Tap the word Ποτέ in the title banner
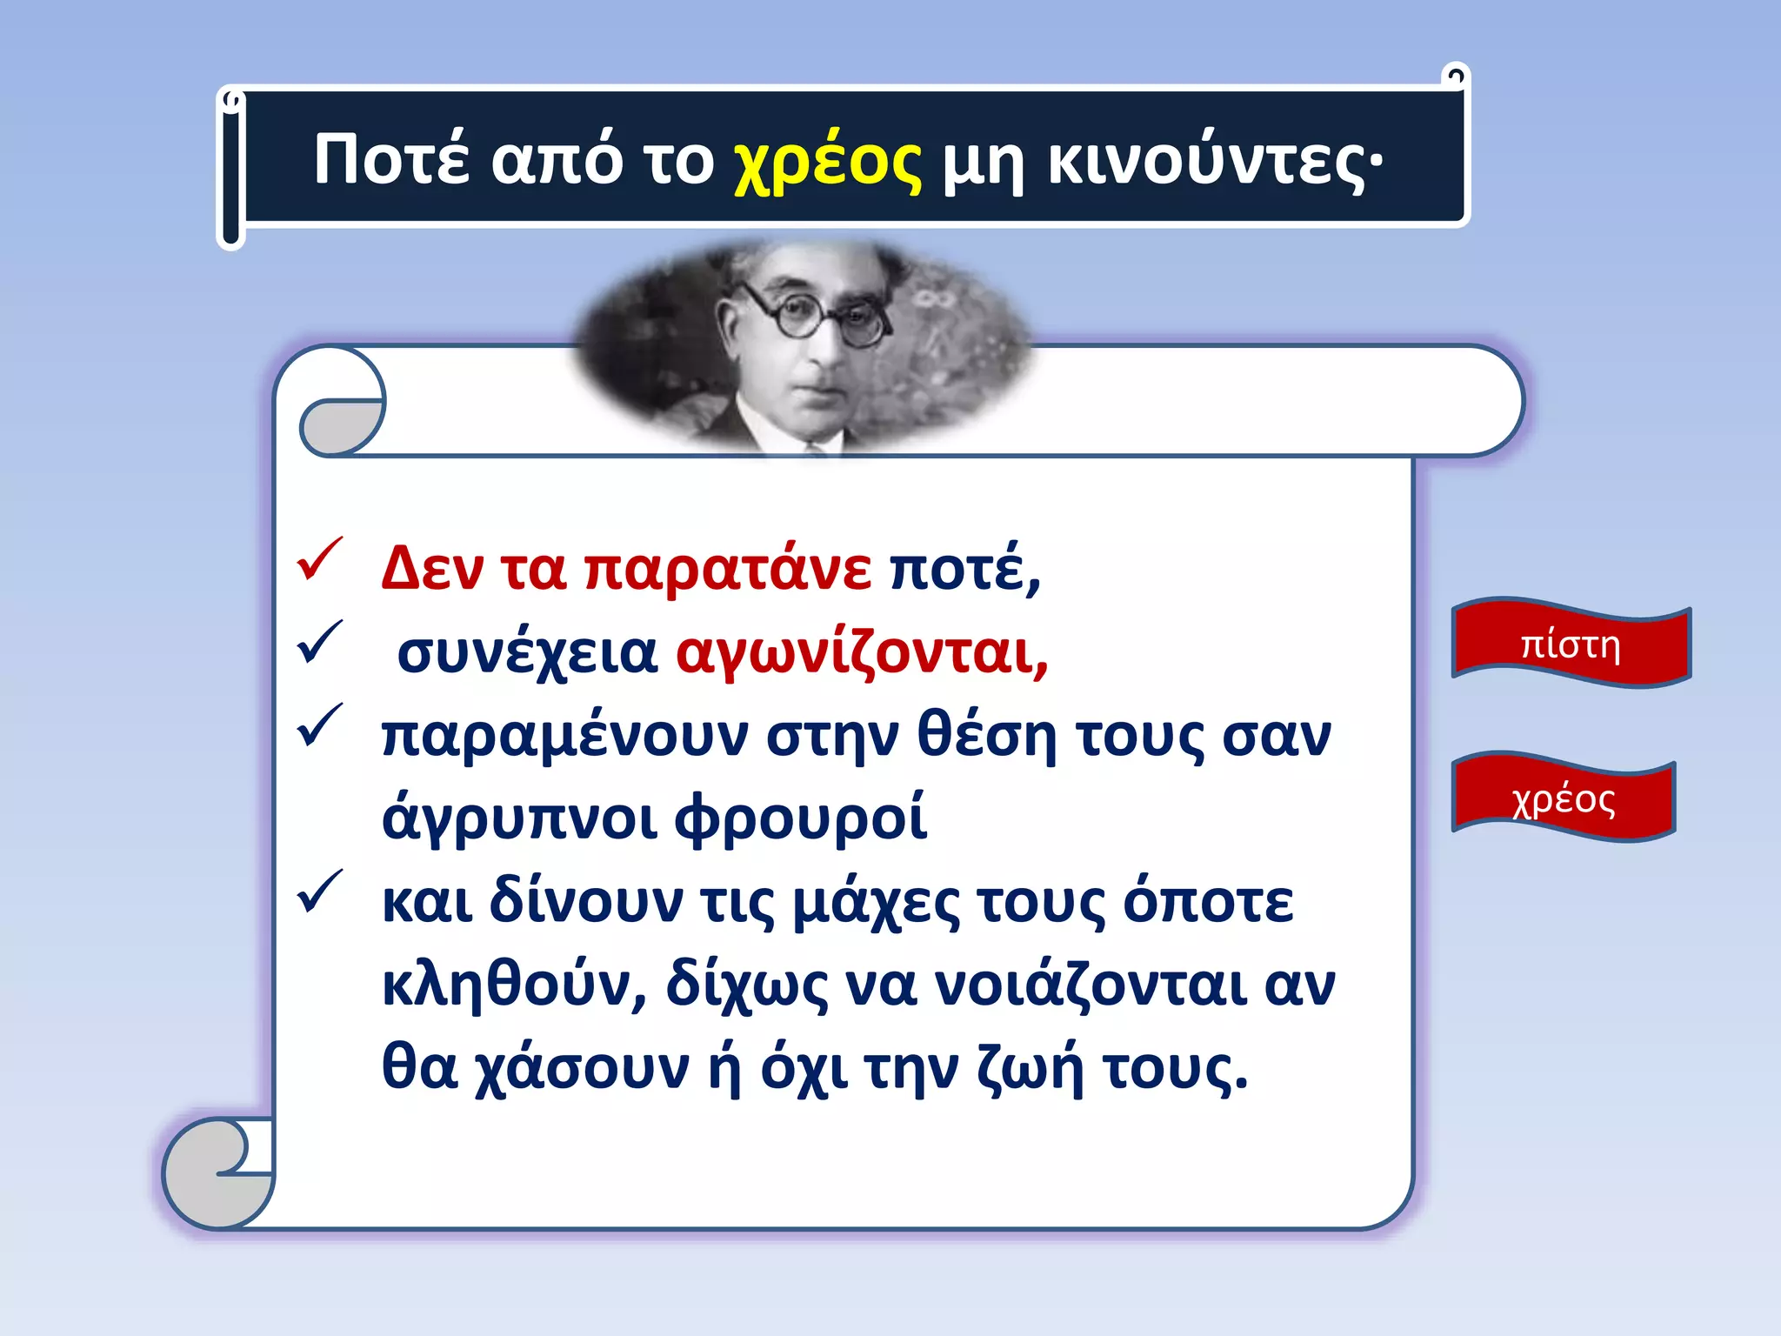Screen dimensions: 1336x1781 pyautogui.click(x=391, y=159)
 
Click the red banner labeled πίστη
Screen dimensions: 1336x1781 pyautogui.click(x=1571, y=645)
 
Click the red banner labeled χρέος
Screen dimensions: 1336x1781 pyautogui.click(x=1563, y=798)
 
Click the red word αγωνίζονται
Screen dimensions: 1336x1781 pyautogui.click(x=862, y=652)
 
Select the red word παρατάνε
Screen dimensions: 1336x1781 pyautogui.click(x=727, y=570)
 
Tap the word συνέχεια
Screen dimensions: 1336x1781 pyautogui.click(x=527, y=653)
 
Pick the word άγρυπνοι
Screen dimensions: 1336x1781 pyautogui.click(x=519, y=819)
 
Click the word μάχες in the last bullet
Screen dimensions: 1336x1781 pyautogui.click(x=876, y=903)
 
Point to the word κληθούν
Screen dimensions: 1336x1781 pyautogui.click(x=514, y=985)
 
